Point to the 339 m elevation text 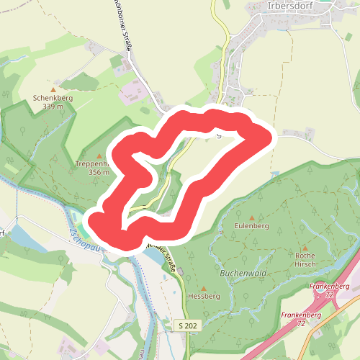click(53, 107)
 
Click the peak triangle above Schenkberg click(53, 90)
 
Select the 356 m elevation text click(98, 172)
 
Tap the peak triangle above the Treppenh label click(99, 156)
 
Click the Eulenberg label click(251, 226)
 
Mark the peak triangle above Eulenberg click(251, 217)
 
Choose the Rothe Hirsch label click(305, 259)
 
